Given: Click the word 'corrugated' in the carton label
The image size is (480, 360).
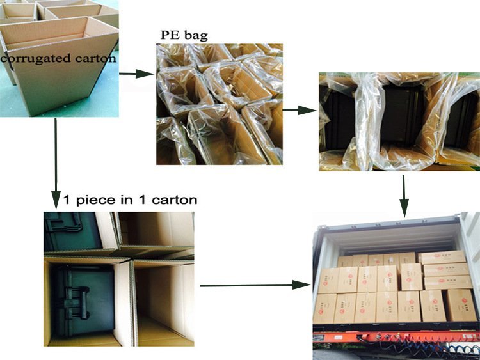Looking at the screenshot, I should [x=30, y=58].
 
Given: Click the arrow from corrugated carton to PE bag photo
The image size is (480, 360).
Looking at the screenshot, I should [x=136, y=74].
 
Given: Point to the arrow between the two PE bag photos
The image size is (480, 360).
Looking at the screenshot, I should [x=300, y=110].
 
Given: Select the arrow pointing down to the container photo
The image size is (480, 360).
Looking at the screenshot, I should [x=404, y=195].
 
